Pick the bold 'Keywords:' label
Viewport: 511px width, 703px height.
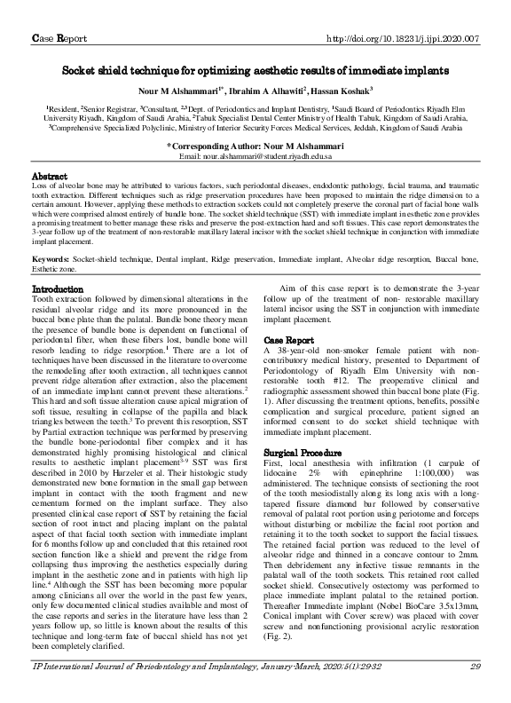51,258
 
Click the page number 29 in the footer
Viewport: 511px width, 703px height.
475,690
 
